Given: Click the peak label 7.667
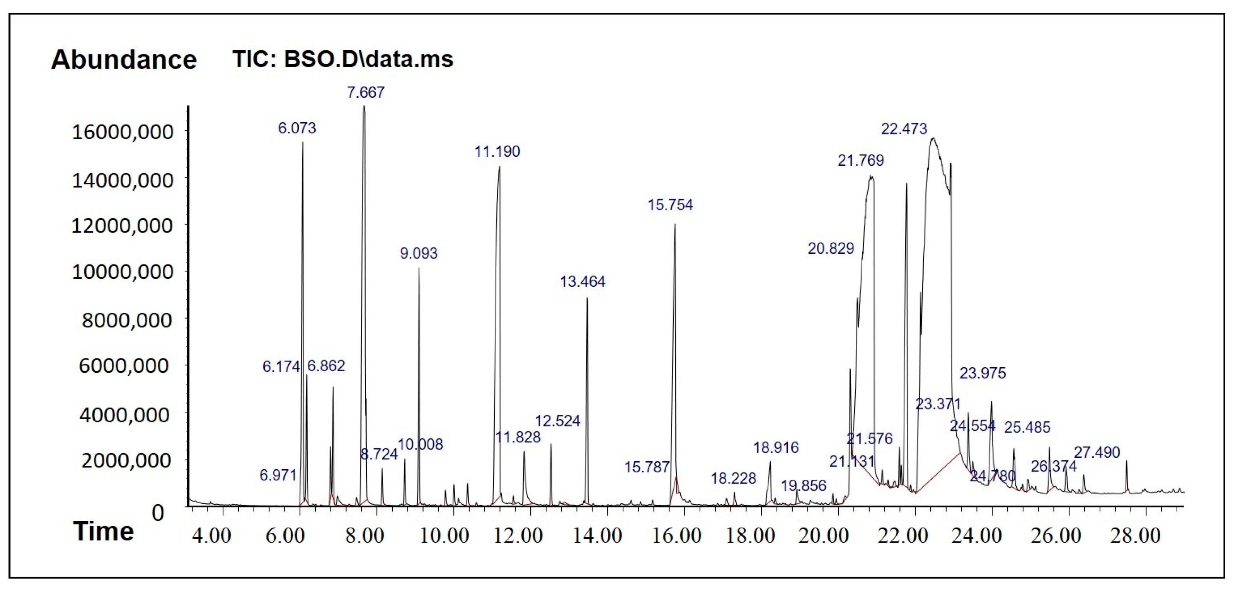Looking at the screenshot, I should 366,92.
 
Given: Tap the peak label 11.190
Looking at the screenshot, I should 497,152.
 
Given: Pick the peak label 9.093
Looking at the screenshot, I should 419,253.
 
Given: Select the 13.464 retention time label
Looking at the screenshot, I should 582,282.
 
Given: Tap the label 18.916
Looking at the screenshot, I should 776,448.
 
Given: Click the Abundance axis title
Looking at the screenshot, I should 124,60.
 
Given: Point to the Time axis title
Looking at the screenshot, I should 103,532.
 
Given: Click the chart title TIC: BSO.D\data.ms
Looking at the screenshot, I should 343,59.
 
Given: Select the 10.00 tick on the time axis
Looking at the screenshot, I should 444,536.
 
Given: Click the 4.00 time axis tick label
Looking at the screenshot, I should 211,536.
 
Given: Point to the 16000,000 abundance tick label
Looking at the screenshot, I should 122,132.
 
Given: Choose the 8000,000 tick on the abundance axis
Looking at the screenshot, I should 126,320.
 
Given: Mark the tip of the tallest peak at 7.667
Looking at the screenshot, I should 364,106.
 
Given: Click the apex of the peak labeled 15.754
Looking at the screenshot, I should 675,225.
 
